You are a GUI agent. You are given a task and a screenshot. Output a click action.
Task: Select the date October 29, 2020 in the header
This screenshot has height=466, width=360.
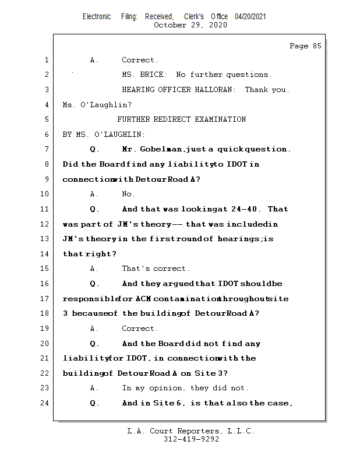190,25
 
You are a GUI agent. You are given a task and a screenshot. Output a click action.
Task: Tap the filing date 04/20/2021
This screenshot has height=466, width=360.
250,17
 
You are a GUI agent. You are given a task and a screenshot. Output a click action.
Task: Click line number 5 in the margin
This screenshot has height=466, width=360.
46,119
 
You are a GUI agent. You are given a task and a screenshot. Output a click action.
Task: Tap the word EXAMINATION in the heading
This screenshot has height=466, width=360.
221,119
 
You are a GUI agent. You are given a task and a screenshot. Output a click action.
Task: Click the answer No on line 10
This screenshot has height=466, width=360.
128,194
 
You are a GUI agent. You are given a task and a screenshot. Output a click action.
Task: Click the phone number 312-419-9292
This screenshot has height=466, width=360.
191,440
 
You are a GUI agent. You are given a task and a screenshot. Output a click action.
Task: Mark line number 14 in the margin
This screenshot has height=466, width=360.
46,254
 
